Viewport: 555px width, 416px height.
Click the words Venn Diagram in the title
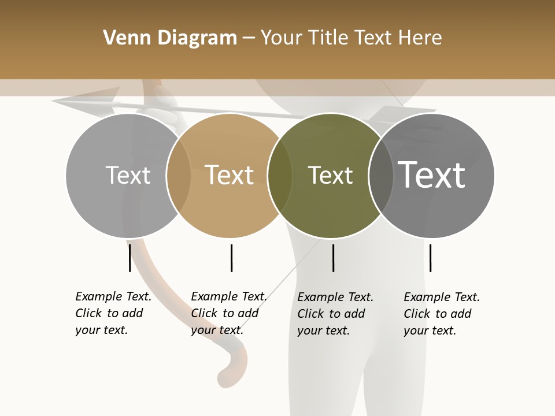click(x=170, y=38)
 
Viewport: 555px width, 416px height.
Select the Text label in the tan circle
click(x=230, y=175)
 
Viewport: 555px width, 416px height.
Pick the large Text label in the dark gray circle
click(x=432, y=175)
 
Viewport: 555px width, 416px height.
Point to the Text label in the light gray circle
click(x=128, y=175)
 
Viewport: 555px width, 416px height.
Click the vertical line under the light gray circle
click(x=130, y=258)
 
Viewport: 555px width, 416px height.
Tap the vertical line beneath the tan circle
click(x=231, y=258)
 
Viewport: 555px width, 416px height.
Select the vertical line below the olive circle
click(x=333, y=258)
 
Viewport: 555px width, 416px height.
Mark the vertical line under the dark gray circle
click(x=430, y=258)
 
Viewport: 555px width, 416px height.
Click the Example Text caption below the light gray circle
click(x=113, y=313)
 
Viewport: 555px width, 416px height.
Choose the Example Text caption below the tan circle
click(x=228, y=313)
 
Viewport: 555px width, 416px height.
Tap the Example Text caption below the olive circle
click(x=335, y=314)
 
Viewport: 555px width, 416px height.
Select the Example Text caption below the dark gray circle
click(x=441, y=314)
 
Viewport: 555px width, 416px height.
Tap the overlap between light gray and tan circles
click(x=179, y=176)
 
